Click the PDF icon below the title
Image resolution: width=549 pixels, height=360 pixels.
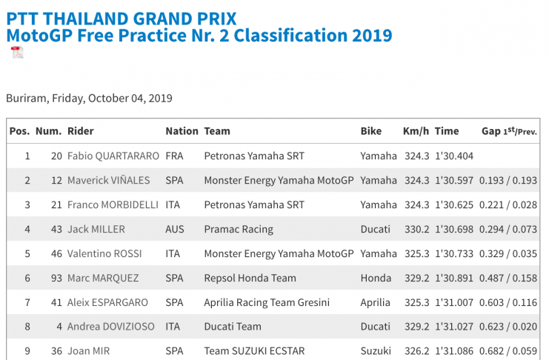16,53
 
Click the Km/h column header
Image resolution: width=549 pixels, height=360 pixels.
416,131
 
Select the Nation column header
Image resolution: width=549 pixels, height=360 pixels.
182,131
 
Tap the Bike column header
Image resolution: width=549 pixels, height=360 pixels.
371,131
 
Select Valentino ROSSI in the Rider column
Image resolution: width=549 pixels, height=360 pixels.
104,254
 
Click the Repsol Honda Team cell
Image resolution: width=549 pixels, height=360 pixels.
250,279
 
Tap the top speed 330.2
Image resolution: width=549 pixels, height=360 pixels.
416,230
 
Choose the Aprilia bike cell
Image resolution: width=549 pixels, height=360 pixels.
375,303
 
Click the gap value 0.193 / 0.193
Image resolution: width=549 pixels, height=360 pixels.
508,181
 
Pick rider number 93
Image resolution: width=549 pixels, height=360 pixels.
56,279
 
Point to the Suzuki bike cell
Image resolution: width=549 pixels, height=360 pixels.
375,352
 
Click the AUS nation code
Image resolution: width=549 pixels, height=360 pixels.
175,230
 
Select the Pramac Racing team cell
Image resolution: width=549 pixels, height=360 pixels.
239,230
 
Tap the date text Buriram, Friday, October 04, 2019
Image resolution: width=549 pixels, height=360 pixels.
89,98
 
